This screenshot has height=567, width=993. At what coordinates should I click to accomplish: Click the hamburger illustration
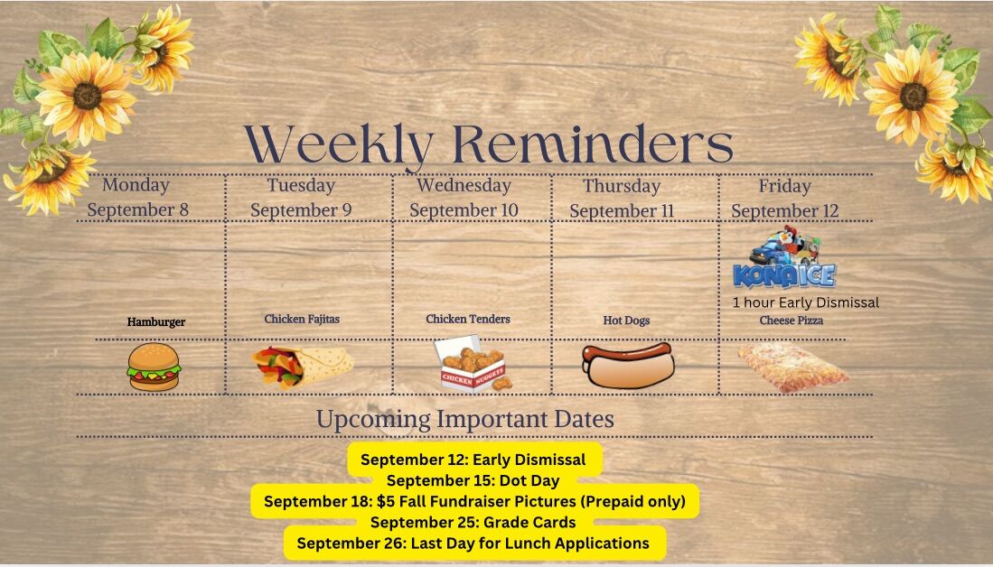coord(154,367)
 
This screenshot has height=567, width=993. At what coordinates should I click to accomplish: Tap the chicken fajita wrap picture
coord(303,367)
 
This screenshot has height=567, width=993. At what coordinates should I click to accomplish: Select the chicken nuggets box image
coord(473,364)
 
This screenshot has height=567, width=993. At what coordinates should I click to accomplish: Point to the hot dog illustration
coord(628,365)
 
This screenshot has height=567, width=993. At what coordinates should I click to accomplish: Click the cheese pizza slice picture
coord(793,367)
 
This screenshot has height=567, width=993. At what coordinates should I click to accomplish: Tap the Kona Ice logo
coord(784,258)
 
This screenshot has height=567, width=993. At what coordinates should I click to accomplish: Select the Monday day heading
coord(136,185)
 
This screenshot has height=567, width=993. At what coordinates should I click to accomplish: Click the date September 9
coord(301,210)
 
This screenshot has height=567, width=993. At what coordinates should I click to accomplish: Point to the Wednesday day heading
coord(464,185)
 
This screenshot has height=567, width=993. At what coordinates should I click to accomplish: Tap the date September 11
coord(622,210)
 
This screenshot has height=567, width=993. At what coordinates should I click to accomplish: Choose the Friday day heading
coord(784,186)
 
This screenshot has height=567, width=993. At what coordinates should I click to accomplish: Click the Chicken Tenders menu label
coord(468,319)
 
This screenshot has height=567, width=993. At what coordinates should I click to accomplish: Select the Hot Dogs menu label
coord(626,321)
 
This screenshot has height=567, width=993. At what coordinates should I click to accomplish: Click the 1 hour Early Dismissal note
coord(806,302)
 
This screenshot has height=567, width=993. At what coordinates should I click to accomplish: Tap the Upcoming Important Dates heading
coord(465,419)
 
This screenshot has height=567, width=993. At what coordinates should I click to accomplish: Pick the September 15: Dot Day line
coord(473,480)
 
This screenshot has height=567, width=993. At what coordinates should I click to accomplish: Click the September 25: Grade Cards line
coord(473,522)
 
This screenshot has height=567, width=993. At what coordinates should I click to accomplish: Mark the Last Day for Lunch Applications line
coord(473,543)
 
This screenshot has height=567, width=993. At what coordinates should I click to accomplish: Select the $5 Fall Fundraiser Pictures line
coord(474,501)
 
